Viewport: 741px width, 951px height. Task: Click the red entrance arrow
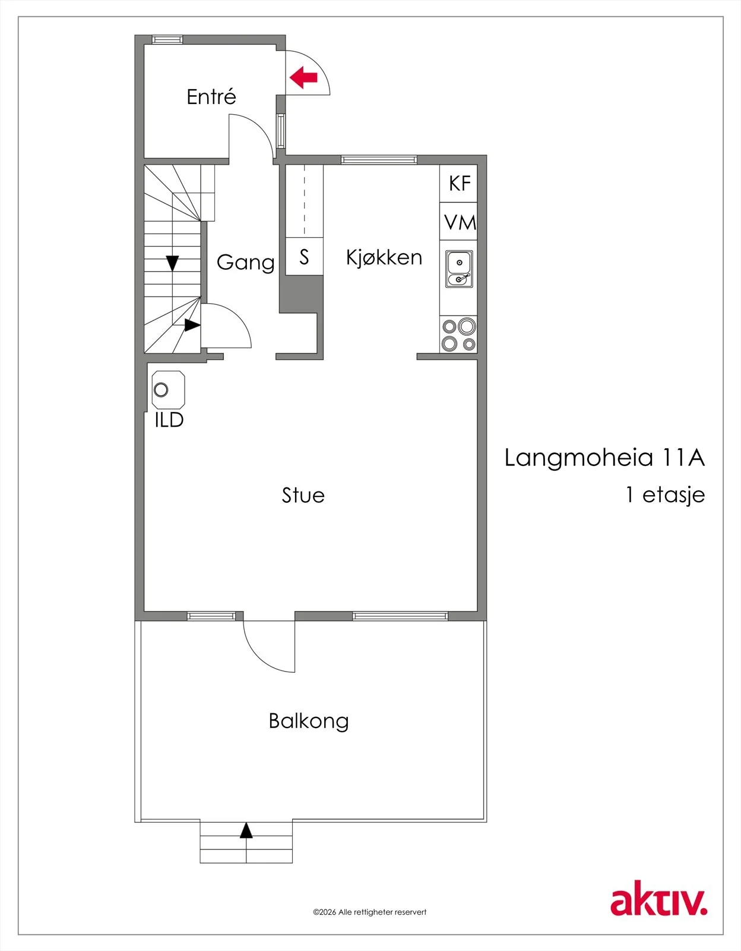[303, 77]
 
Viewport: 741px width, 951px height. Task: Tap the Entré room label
[211, 96]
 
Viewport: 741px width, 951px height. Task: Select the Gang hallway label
[245, 263]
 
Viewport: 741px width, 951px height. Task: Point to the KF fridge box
[458, 184]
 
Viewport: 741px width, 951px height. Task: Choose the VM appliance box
[458, 221]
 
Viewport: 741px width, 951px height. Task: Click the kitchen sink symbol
[459, 269]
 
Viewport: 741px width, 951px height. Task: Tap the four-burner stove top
[458, 335]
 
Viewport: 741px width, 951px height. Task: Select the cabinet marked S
[304, 256]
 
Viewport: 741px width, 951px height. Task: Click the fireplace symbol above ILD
[168, 390]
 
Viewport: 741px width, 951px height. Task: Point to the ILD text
[169, 420]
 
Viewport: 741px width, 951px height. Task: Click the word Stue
[303, 496]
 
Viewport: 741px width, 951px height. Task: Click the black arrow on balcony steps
[246, 830]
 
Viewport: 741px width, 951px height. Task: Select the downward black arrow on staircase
[173, 263]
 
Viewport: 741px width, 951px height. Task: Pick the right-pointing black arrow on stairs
[192, 325]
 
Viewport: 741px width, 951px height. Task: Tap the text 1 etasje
[666, 496]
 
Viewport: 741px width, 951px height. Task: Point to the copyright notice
[370, 912]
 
